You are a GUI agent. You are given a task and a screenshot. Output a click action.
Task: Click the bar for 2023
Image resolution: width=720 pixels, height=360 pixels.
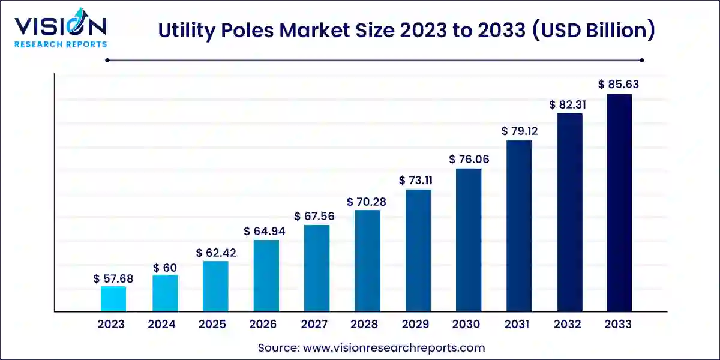(x=113, y=299)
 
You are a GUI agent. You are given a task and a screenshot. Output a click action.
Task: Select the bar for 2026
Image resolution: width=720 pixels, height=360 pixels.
(x=266, y=275)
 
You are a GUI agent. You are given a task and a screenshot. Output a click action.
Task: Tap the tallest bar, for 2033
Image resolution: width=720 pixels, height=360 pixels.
(x=619, y=202)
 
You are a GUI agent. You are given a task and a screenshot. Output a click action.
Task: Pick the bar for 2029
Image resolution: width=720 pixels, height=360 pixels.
(x=418, y=250)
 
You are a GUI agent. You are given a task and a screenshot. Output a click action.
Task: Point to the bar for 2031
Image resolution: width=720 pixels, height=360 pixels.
(x=519, y=226)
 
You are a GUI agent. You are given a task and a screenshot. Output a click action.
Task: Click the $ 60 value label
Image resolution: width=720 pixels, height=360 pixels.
(x=164, y=267)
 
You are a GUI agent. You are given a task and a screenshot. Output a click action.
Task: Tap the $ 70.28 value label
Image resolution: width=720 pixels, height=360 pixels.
(x=366, y=202)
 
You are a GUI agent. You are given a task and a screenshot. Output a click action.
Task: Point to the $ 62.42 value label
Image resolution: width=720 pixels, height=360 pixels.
(x=216, y=253)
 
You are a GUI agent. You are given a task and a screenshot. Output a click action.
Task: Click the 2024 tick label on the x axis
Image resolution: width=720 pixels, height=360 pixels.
(x=162, y=325)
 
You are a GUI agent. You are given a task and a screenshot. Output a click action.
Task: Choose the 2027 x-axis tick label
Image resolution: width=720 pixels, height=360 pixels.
(x=314, y=325)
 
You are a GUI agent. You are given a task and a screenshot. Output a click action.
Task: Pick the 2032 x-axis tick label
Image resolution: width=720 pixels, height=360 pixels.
(x=568, y=325)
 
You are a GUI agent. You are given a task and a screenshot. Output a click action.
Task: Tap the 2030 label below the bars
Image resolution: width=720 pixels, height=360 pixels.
(x=466, y=325)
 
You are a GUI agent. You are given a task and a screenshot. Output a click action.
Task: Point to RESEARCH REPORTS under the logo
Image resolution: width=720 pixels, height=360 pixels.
(x=61, y=44)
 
